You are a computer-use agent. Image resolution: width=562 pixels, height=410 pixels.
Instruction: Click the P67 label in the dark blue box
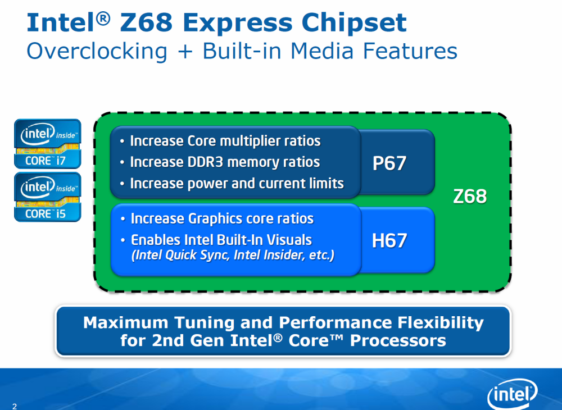(x=389, y=163)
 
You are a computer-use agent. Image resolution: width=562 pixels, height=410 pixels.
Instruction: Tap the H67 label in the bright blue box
(x=389, y=240)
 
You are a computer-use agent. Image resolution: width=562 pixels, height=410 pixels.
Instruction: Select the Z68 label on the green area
(x=470, y=196)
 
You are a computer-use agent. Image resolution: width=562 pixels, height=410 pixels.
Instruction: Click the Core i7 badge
(x=48, y=144)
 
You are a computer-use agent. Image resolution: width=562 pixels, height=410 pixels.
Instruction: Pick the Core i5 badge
(x=48, y=197)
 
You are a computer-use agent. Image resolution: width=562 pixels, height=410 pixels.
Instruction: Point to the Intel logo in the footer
(x=512, y=394)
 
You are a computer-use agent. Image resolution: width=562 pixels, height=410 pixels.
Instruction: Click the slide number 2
(x=15, y=406)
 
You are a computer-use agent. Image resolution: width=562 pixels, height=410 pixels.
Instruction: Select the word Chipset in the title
(x=354, y=23)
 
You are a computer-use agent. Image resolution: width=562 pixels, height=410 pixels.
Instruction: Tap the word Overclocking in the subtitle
(x=97, y=51)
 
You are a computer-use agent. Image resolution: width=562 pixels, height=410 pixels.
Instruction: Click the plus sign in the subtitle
(x=185, y=52)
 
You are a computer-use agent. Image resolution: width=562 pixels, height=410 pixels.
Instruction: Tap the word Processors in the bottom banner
(x=398, y=340)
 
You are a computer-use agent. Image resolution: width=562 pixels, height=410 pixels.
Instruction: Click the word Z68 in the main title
(x=146, y=23)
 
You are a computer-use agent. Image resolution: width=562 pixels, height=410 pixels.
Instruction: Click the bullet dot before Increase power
(x=123, y=184)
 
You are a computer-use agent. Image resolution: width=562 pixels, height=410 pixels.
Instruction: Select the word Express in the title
(x=237, y=24)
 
